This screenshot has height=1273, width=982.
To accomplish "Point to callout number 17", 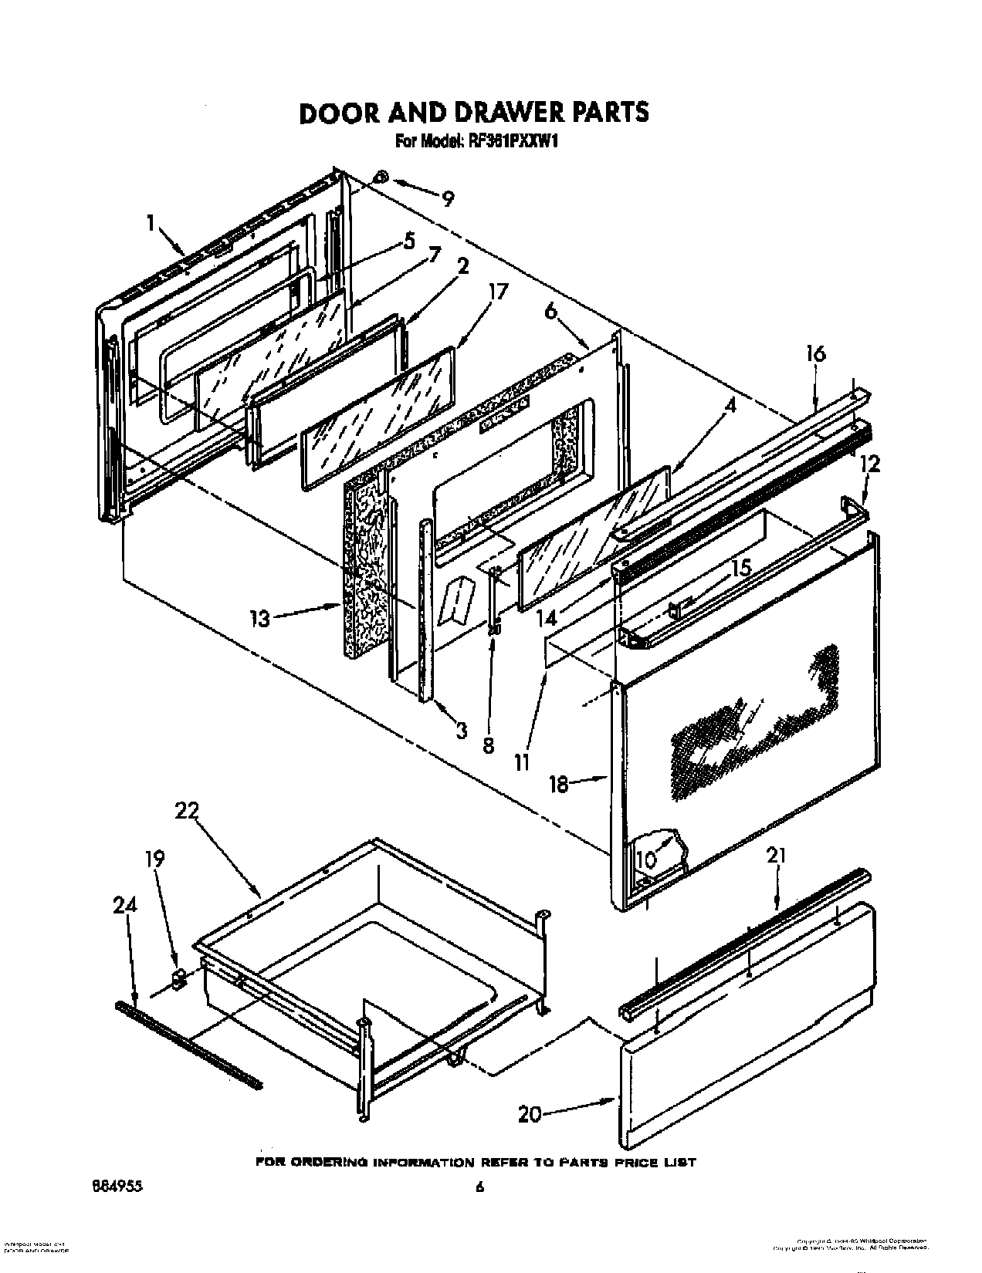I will point(499,293).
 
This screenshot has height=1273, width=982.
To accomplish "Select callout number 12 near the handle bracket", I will point(869,464).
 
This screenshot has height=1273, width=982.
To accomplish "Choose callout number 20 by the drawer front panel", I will point(530,1115).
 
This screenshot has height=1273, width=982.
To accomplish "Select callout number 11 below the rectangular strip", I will point(522,762).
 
